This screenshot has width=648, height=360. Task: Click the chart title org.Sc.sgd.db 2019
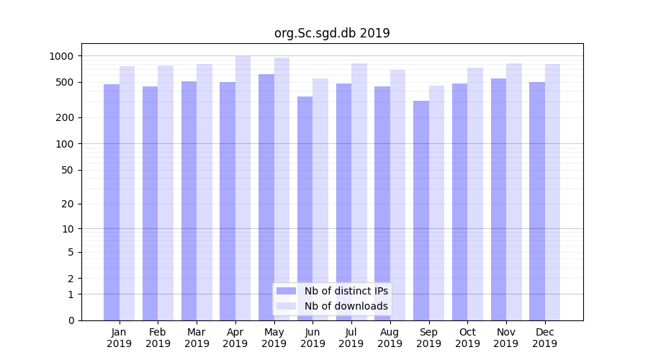coord(332,33)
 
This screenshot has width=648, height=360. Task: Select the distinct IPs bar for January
coord(112,202)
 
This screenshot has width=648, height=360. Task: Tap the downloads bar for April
coord(243,187)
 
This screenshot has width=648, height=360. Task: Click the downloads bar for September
coord(436,202)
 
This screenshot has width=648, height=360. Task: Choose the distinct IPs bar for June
coord(305,208)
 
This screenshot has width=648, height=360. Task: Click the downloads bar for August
coord(397,194)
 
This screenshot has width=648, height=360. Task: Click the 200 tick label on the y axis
coord(66,117)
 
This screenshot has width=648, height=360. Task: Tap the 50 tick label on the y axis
coord(68,170)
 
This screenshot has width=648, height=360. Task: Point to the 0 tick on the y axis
coord(71,320)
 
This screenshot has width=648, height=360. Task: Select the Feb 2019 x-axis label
coord(158,338)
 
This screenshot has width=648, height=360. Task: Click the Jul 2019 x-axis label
coord(351,338)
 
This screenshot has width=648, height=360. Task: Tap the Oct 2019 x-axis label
coord(467,338)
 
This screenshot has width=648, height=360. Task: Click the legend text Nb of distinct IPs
coord(346,291)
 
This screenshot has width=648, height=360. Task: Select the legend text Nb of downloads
coord(346,306)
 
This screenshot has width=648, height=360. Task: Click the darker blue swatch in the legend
coord(286,291)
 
